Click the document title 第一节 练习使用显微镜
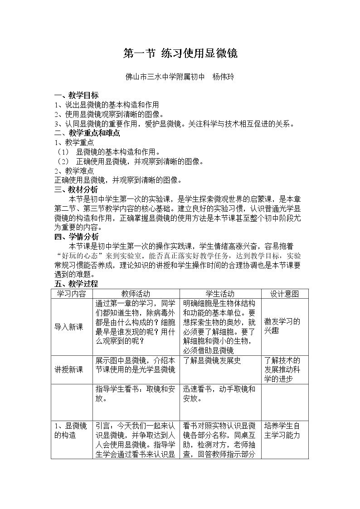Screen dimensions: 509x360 point(180,53)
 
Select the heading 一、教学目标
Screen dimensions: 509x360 point(76,96)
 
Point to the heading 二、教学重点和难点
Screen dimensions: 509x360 point(87,133)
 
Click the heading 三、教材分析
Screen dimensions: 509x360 point(76,189)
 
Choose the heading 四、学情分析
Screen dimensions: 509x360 point(76,237)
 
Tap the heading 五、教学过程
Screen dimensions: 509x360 point(76,284)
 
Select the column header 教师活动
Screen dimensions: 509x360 point(136,294)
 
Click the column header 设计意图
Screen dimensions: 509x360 point(284,294)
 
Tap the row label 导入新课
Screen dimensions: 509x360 point(69,326)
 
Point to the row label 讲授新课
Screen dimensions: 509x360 point(69,369)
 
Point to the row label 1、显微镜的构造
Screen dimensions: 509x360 point(70,431)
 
